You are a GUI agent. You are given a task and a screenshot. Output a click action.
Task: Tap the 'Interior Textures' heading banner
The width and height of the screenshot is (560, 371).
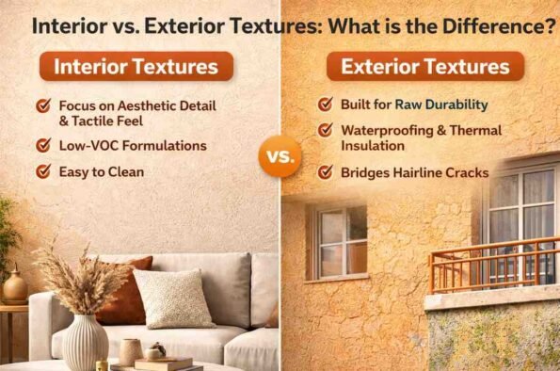pyautogui.click(x=142, y=68)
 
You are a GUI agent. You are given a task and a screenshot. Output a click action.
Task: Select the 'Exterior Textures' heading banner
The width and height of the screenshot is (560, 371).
pyautogui.click(x=425, y=67)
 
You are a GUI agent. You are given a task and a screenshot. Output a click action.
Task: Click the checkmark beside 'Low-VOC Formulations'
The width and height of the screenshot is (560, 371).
pyautogui.click(x=43, y=145)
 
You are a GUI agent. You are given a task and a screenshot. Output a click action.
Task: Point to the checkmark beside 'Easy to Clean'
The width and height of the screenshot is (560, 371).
pyautogui.click(x=43, y=171)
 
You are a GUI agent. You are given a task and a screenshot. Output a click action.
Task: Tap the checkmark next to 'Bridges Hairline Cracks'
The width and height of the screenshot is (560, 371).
pyautogui.click(x=326, y=172)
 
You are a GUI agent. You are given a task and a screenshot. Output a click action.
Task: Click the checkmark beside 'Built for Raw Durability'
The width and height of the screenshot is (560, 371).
pyautogui.click(x=326, y=105)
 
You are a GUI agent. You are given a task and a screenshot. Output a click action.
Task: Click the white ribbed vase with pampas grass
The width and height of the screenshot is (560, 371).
pyautogui.click(x=88, y=341)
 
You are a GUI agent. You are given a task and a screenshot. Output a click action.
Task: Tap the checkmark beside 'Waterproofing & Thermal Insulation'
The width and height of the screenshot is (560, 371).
pyautogui.click(x=326, y=131)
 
